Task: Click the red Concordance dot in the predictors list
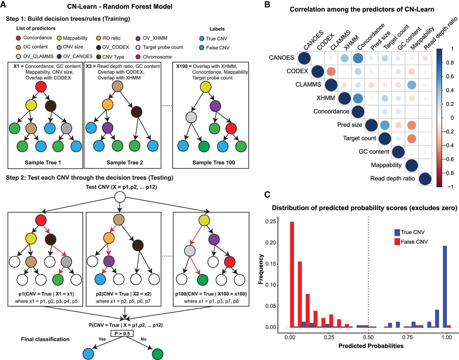[18, 38]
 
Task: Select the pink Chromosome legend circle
[138, 57]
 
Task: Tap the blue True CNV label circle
[202, 39]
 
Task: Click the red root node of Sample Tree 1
[41, 87]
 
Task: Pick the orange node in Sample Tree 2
[108, 104]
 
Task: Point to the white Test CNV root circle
[120, 197]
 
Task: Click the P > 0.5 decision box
[122, 334]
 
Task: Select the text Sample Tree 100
[213, 163]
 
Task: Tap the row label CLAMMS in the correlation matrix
[308, 85]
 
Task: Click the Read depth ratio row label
[392, 179]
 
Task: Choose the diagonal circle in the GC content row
[398, 152]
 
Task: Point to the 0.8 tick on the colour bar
[450, 63]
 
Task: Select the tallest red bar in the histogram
[292, 274]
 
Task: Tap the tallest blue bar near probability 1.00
[445, 286]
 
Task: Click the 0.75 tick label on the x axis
[407, 337]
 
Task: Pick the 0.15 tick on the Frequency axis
[271, 264]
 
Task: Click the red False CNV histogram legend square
[397, 242]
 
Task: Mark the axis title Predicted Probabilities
[371, 346]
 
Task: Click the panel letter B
[267, 5]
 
